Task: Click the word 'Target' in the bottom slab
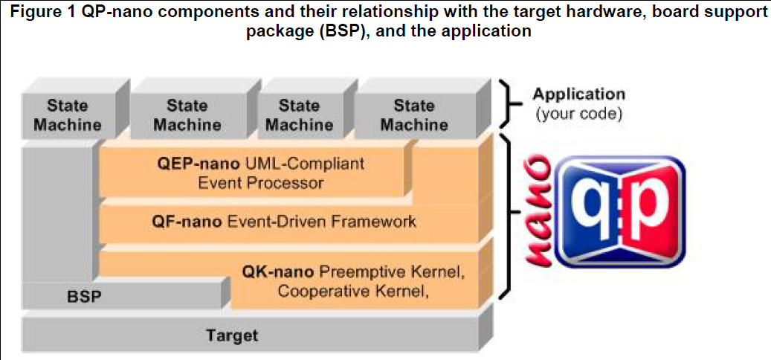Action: click(x=232, y=336)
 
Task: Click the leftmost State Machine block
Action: click(x=68, y=115)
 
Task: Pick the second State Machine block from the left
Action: click(x=187, y=115)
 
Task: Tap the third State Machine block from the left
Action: click(x=299, y=115)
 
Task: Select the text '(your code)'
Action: click(x=580, y=114)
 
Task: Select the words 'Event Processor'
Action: click(x=260, y=183)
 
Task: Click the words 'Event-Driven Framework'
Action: click(x=322, y=222)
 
